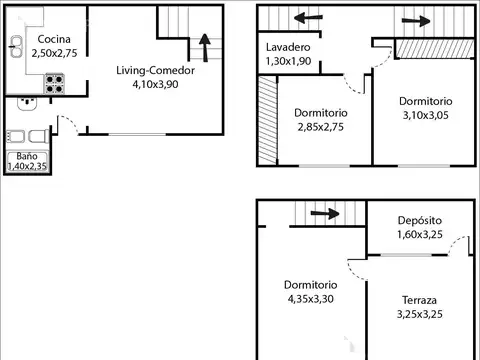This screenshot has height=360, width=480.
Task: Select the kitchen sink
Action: (x=17, y=43)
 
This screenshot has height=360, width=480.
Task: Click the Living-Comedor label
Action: (x=155, y=71)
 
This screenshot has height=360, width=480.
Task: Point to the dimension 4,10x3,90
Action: (x=156, y=85)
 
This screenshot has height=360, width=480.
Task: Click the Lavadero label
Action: (x=288, y=48)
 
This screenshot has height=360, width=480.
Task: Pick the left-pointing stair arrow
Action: (x=308, y=19)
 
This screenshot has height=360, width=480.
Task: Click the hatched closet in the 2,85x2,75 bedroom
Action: (x=267, y=122)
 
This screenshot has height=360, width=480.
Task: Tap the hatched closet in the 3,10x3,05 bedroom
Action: (x=433, y=49)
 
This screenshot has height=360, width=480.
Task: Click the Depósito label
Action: (x=420, y=221)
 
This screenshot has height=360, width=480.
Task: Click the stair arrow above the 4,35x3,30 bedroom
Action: (x=322, y=213)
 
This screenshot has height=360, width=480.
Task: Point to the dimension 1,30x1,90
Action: (x=288, y=61)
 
